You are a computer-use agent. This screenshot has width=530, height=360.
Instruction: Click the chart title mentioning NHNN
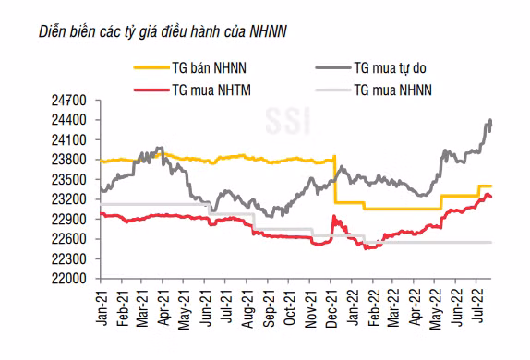tap(163, 32)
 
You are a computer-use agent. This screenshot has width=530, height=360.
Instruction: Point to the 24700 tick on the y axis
tap(69, 101)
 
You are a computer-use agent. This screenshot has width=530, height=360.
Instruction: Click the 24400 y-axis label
tap(69, 120)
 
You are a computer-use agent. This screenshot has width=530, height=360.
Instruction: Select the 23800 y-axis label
tap(69, 160)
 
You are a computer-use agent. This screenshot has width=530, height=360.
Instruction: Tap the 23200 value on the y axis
tap(69, 199)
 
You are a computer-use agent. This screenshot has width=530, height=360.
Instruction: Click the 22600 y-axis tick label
tap(69, 239)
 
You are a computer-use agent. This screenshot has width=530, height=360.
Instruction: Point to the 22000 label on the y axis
tap(69, 279)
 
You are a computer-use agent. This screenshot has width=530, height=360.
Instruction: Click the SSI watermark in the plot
tap(288, 121)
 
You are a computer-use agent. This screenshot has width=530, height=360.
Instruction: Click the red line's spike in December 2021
tap(334, 216)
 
